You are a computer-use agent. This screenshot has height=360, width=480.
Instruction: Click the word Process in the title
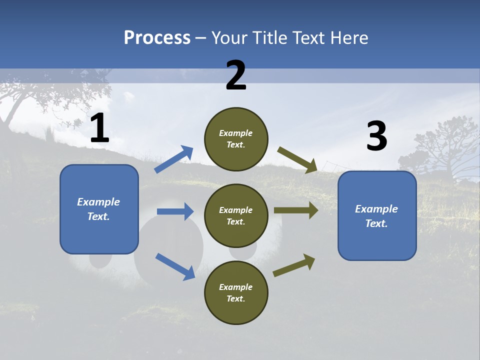[x=157, y=38]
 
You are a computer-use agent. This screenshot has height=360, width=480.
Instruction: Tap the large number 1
[x=99, y=129]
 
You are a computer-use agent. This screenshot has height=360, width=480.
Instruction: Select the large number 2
[x=236, y=76]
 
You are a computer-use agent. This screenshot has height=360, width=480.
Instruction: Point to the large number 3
[x=376, y=136]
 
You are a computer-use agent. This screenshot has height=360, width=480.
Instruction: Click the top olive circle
[x=236, y=139]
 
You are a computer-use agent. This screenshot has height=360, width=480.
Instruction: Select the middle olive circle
[x=236, y=215]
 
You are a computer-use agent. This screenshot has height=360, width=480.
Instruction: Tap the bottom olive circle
[x=236, y=292]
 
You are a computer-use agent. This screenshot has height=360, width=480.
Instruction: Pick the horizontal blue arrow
[x=175, y=211]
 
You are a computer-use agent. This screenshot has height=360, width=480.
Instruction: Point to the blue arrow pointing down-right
[x=175, y=266]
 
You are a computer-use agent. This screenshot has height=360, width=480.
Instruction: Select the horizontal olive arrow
[x=296, y=210]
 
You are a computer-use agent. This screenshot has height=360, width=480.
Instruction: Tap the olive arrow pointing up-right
[x=294, y=265]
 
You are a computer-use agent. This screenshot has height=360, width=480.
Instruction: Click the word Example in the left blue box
[x=98, y=202]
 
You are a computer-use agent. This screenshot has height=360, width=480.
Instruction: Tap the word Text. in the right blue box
[x=376, y=223]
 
